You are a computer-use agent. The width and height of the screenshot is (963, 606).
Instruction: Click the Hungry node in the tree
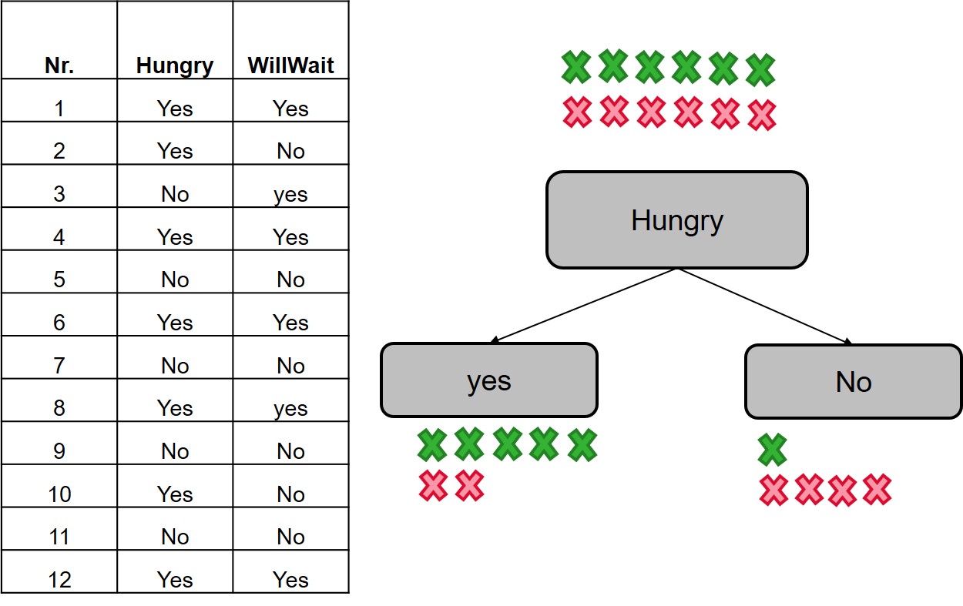[x=676, y=220]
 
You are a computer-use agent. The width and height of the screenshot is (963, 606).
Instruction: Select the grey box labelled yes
[x=488, y=380]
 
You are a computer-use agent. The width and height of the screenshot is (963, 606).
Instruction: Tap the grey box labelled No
[x=853, y=381]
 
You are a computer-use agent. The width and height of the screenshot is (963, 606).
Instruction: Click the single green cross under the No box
[x=772, y=450]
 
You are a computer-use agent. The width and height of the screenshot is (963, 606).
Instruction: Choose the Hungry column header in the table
[x=175, y=65]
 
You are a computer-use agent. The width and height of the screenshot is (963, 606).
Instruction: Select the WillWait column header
[x=290, y=65]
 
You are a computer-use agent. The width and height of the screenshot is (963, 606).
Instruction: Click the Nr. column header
[x=59, y=65]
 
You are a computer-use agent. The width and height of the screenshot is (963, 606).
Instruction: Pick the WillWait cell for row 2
[x=290, y=151]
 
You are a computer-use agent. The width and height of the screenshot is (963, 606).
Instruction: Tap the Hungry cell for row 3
[x=175, y=194]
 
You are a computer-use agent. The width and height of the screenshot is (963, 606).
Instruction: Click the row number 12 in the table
[x=59, y=579]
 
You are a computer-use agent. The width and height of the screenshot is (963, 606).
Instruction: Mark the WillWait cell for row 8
[x=290, y=408]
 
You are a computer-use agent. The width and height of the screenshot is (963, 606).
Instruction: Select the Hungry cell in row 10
[x=175, y=494]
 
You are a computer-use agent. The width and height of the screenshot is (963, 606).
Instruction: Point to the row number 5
[x=59, y=280]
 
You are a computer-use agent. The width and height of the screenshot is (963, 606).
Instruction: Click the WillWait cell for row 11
[x=290, y=537]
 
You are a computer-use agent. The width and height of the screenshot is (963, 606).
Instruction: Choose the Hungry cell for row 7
[x=175, y=365]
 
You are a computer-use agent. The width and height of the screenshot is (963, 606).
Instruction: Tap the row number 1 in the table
[x=59, y=109]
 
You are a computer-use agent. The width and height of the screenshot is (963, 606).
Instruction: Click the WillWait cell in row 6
[x=290, y=323]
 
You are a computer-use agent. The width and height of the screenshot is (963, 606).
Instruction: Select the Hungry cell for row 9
[x=175, y=451]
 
